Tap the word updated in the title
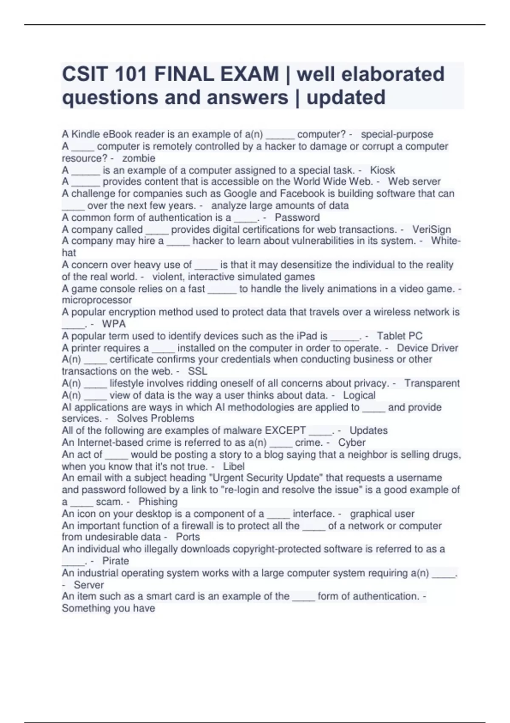click(346, 97)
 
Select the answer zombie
click(139, 158)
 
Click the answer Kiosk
click(382, 170)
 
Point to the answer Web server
click(414, 182)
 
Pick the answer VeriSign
click(431, 230)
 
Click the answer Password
click(297, 218)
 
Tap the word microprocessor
click(96, 300)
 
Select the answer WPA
click(114, 324)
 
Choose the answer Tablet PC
click(399, 336)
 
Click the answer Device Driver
click(427, 348)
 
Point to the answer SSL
click(198, 371)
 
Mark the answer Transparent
click(432, 383)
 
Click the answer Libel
click(234, 467)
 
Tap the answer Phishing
click(158, 502)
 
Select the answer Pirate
click(116, 561)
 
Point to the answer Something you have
click(108, 608)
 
